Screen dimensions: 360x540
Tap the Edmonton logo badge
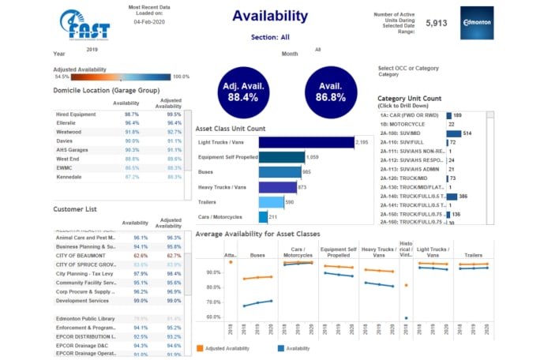[x=476, y=24]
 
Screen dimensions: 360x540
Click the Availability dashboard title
[x=271, y=16]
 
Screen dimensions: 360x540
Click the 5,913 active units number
[x=436, y=24]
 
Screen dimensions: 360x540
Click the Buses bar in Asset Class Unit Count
[x=280, y=171]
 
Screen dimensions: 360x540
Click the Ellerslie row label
[x=66, y=123]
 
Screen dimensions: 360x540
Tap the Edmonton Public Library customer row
[x=87, y=318]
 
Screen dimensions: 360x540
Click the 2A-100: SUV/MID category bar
[x=453, y=134]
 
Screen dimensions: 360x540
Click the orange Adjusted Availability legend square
[x=200, y=347]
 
